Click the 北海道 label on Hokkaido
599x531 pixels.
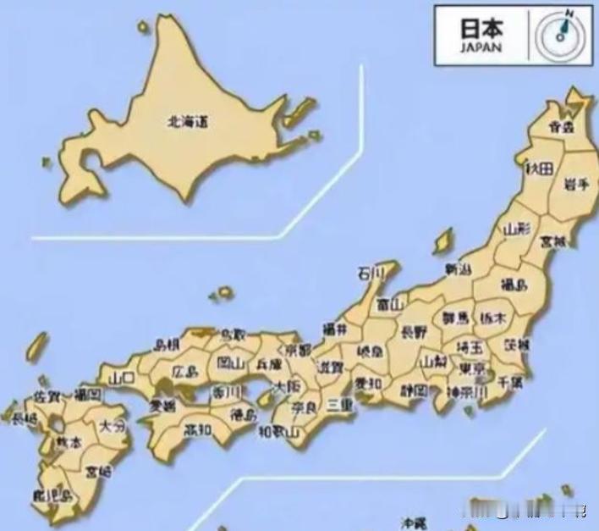[x=188, y=122]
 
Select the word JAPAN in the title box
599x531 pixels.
[x=481, y=48]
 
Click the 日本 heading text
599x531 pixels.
[x=481, y=27]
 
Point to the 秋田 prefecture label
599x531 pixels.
[x=539, y=169]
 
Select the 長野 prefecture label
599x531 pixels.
[x=414, y=331]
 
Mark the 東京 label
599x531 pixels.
[x=472, y=369]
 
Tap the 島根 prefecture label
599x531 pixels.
[x=167, y=345]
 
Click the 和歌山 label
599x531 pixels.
[x=279, y=433]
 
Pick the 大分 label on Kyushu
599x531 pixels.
[x=112, y=425]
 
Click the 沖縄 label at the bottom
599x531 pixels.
[x=414, y=523]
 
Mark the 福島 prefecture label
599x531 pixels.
[x=510, y=283]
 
